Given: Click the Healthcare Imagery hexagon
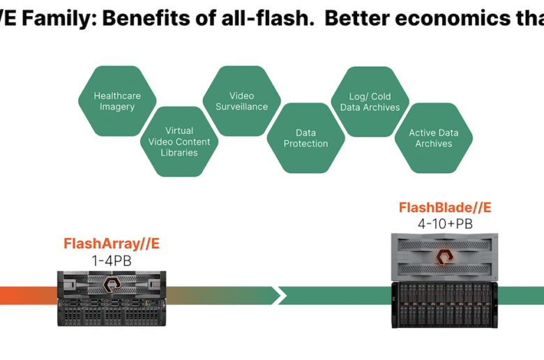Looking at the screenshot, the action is point(117,101).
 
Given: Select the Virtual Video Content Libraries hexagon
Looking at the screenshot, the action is point(179,142).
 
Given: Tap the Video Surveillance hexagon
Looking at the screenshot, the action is point(242,101).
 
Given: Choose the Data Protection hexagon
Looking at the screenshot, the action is point(305,138).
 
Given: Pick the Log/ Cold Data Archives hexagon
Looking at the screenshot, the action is point(370,101).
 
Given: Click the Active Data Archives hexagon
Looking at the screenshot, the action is point(434,138).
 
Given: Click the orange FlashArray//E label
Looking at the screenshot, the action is point(112,243).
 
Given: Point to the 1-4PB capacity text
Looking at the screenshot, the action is point(112,261).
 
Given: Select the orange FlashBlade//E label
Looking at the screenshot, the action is point(445,208).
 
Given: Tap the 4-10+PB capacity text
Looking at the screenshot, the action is point(445,224).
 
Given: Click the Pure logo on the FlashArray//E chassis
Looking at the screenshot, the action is point(112,285).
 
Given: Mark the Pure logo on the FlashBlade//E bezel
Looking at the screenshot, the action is point(444,257).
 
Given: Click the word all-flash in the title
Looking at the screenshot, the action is point(268,18).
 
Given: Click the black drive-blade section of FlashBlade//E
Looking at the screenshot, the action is point(444,304).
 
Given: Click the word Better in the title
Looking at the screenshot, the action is point(356,18).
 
